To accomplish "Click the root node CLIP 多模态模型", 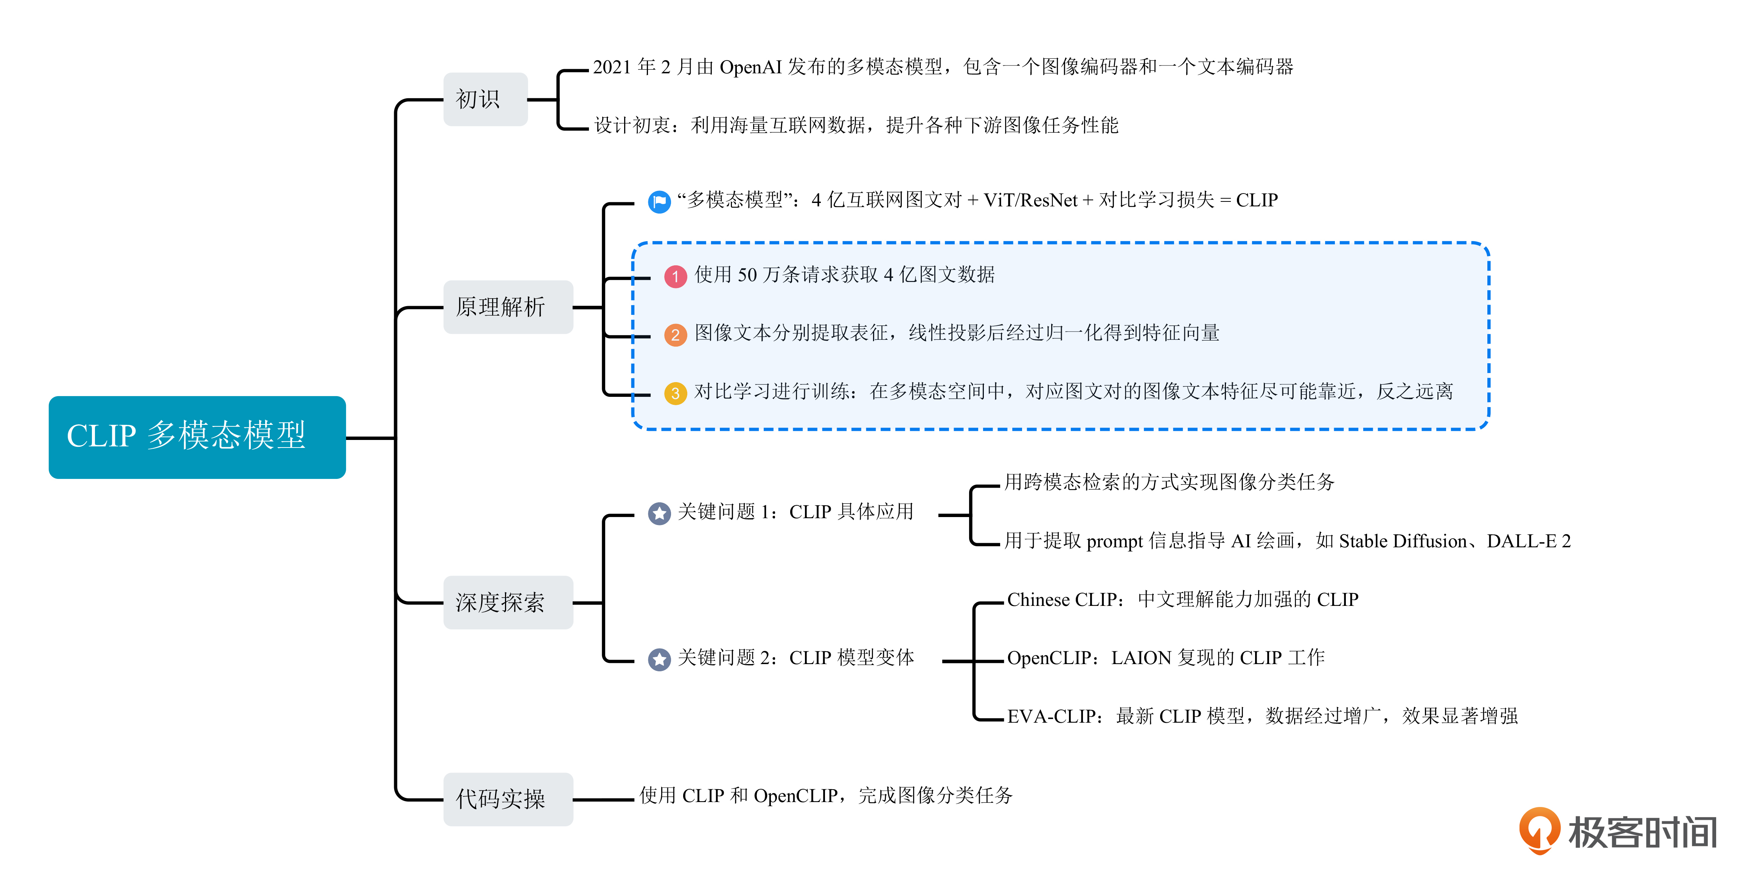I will (197, 437).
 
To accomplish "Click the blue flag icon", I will (659, 201).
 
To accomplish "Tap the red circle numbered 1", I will (675, 276).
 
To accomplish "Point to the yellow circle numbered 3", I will (675, 393).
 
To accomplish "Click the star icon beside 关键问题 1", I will (659, 513).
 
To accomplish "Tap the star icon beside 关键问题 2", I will (659, 659).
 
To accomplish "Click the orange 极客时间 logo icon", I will (1540, 830).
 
